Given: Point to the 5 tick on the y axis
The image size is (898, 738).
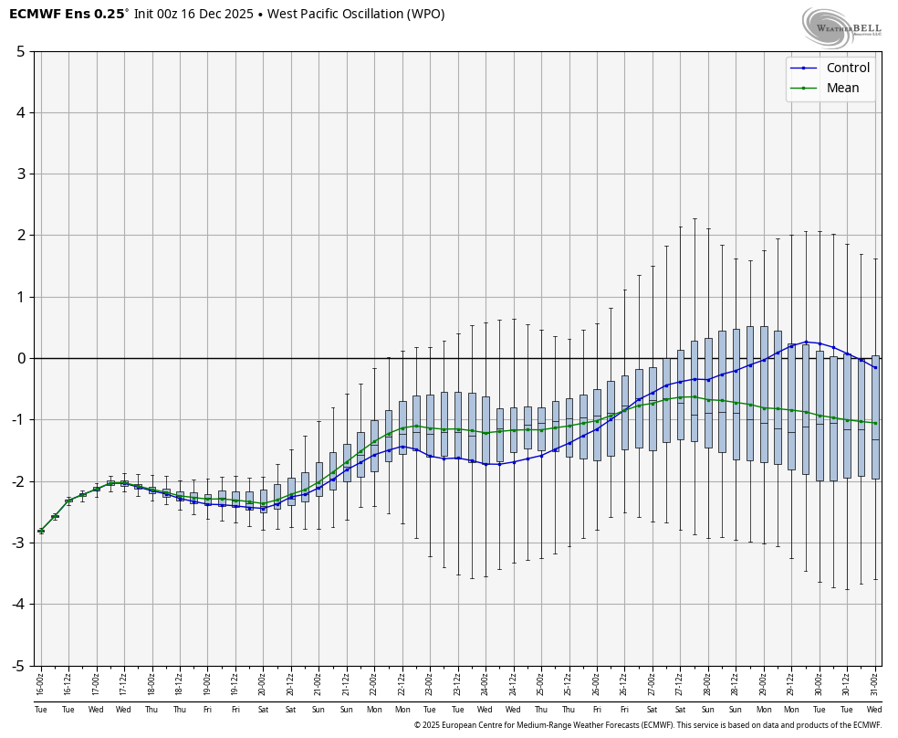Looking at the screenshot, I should point(20,51).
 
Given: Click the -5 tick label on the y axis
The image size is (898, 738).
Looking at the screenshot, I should point(17,666).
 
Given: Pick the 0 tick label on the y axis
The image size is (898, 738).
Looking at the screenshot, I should point(20,358).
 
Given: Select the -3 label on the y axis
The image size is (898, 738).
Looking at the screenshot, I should point(17,543).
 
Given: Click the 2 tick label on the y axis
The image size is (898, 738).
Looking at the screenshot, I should point(20,236).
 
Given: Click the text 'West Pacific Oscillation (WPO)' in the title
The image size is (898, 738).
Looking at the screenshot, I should point(356,15).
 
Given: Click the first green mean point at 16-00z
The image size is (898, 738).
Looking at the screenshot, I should point(41,531).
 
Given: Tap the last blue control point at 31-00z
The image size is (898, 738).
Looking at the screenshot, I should point(875,367).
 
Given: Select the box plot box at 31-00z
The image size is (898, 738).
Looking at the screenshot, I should point(875,416).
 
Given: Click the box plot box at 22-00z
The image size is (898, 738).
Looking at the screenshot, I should point(374,446).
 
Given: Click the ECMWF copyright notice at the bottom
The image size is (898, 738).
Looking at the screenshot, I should point(647,725).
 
